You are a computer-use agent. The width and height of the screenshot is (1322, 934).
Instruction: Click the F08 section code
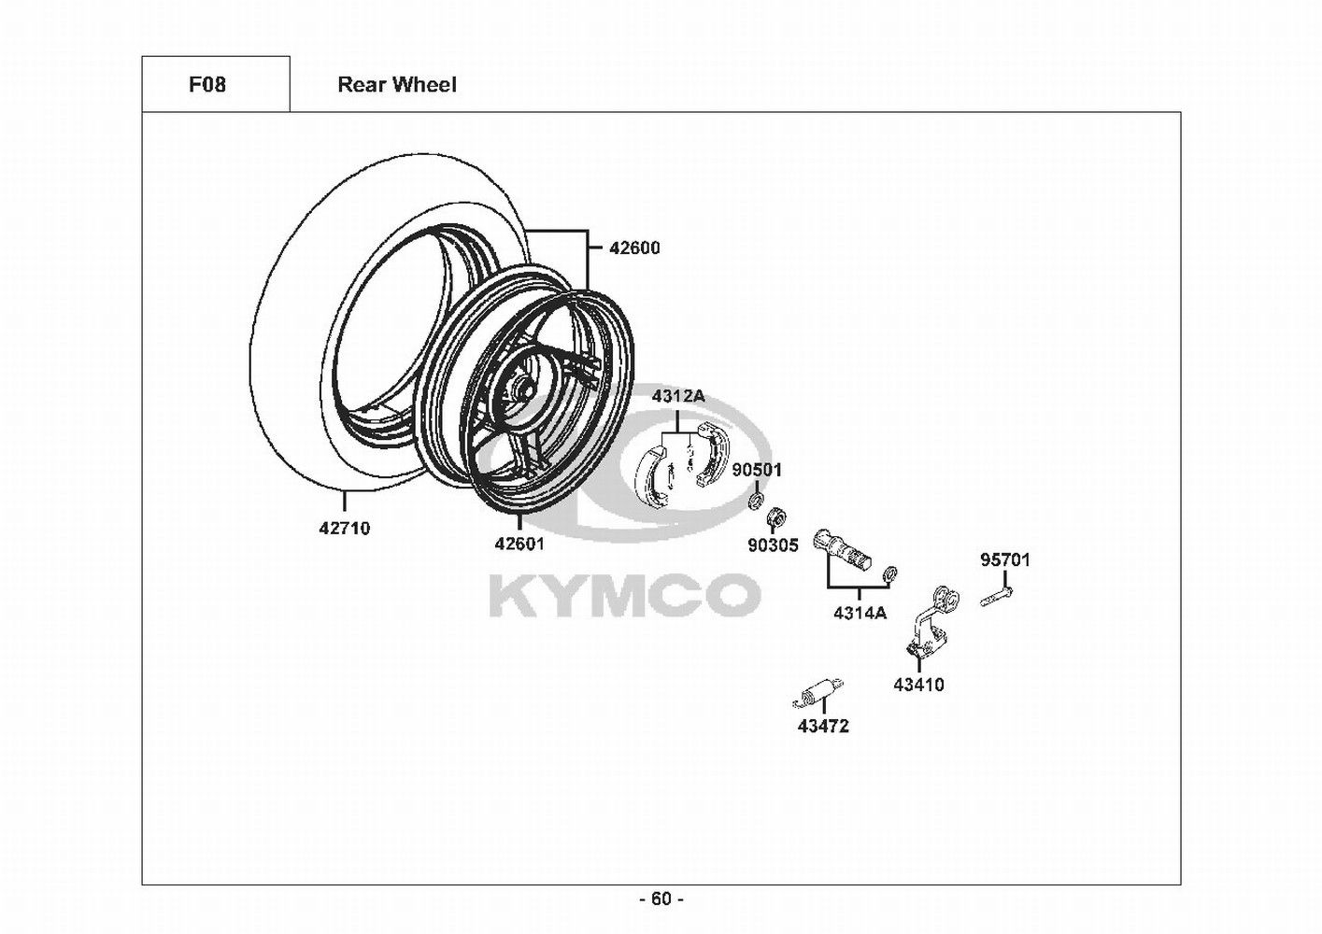[207, 85]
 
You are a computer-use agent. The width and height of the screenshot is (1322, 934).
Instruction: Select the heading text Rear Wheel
[397, 85]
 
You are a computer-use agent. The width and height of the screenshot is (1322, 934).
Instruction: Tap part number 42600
[634, 248]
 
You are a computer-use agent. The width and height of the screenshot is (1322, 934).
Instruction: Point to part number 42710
[344, 529]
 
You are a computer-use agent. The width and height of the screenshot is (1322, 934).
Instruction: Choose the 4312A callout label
[678, 396]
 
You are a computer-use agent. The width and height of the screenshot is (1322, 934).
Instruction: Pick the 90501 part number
[756, 470]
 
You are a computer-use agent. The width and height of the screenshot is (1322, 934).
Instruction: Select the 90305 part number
[773, 545]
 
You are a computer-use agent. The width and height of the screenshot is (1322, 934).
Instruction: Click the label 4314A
[860, 614]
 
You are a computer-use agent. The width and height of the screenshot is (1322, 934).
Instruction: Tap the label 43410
[918, 685]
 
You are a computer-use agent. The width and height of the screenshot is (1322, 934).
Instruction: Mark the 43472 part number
[823, 726]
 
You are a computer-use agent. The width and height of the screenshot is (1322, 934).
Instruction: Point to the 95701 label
[1004, 560]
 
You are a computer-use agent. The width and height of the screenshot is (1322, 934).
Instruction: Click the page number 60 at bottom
[661, 899]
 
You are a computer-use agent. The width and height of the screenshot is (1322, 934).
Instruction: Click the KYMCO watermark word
[625, 595]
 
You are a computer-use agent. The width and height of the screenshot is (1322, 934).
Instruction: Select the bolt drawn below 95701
[998, 595]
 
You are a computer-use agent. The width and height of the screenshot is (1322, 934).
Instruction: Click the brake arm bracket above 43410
[928, 626]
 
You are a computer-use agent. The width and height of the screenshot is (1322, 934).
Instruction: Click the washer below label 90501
[753, 504]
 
